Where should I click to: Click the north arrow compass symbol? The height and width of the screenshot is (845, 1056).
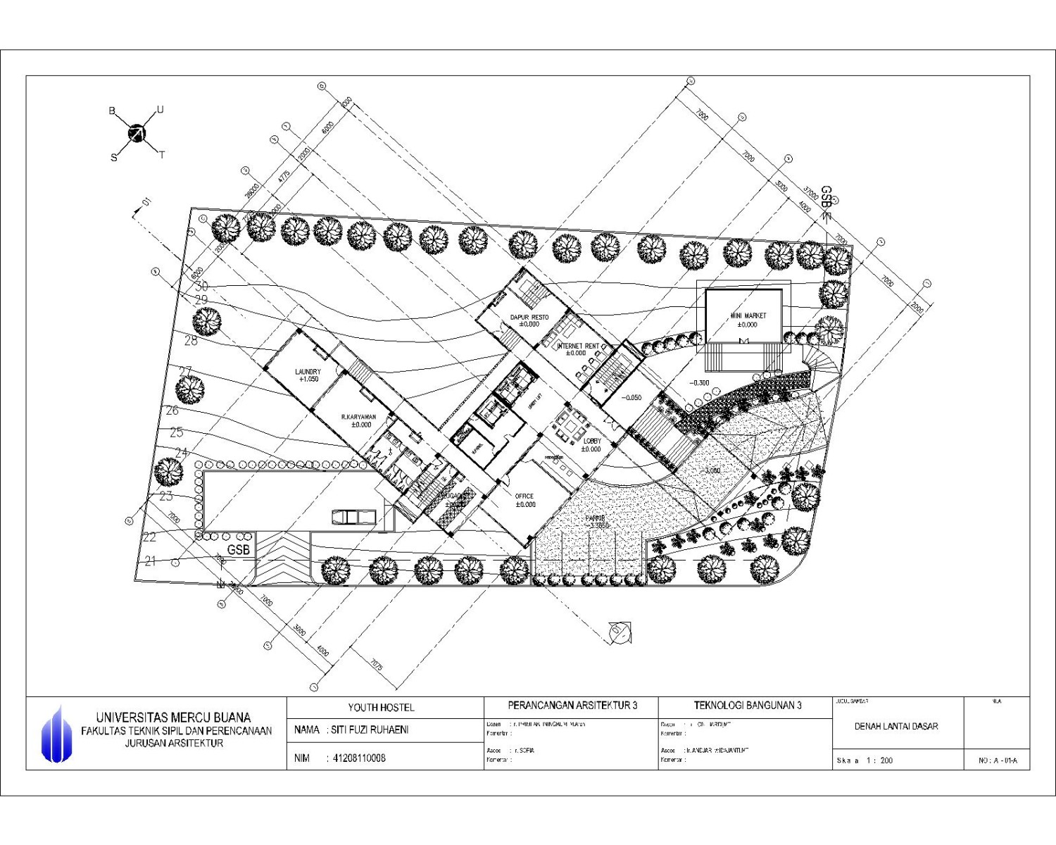pos(137,133)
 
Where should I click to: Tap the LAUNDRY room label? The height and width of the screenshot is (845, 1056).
pos(308,375)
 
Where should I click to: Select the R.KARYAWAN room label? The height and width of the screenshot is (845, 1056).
pos(358,420)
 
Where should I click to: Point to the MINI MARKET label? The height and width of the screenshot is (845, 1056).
pos(748,320)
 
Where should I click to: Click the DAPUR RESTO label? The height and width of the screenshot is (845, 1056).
pos(529,320)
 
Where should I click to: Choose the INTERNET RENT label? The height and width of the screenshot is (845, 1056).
pos(577,349)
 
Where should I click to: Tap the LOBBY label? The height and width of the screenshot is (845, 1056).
pos(591,445)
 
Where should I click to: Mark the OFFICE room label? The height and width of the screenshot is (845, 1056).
pos(524,500)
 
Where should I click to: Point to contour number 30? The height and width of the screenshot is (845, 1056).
pos(201,287)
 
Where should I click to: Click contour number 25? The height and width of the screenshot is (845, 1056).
pos(176,432)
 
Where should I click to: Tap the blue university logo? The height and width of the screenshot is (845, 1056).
pos(56,734)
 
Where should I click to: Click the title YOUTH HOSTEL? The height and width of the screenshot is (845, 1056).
pos(381,707)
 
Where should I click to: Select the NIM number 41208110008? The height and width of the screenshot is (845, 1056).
pos(359,758)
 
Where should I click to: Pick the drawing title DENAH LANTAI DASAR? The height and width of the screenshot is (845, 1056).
pos(896,726)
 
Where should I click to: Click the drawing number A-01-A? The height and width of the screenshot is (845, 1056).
pos(998,760)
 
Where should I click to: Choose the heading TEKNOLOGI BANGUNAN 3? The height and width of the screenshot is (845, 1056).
pos(747,705)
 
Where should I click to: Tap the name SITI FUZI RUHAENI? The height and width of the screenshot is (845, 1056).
pos(370,730)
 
